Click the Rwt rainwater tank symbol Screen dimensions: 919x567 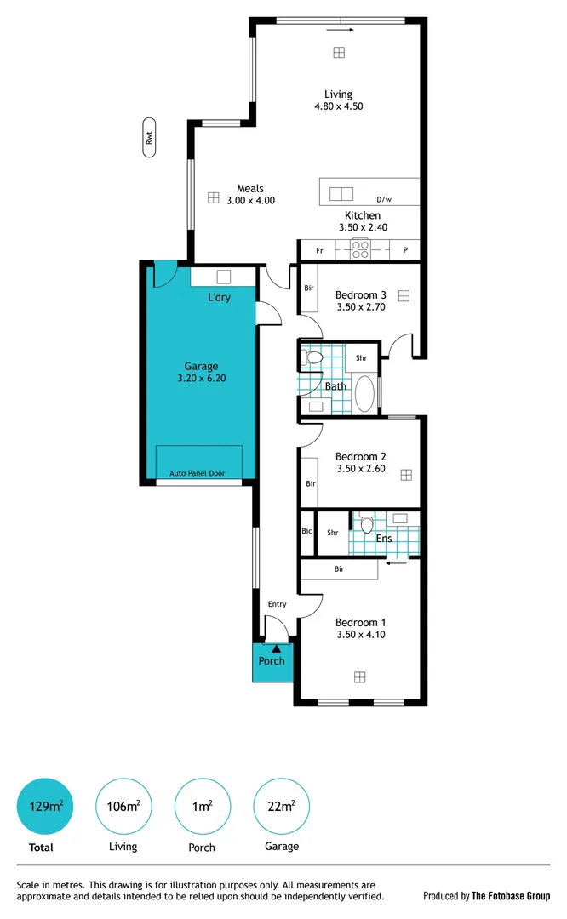(x=150, y=137)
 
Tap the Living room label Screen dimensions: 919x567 (x=338, y=94)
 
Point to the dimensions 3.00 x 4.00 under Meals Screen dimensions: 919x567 (x=250, y=201)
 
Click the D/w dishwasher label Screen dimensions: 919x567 (x=384, y=200)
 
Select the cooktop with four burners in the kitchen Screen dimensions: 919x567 (x=360, y=250)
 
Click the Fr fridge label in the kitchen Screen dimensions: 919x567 (x=319, y=251)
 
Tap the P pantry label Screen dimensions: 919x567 (x=405, y=251)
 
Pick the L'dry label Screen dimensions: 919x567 (x=219, y=298)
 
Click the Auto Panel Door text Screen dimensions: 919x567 (x=198, y=473)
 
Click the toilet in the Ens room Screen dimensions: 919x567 (x=367, y=524)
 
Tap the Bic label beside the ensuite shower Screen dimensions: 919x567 (x=306, y=532)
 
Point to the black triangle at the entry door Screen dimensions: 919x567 (x=275, y=649)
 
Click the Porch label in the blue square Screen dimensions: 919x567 (x=272, y=661)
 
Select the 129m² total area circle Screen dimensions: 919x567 (x=45, y=806)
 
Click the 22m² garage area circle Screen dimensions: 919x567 (x=281, y=806)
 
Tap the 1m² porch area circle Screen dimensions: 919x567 (x=202, y=806)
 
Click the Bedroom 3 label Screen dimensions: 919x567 (x=361, y=295)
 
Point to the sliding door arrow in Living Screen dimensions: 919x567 (x=339, y=29)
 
